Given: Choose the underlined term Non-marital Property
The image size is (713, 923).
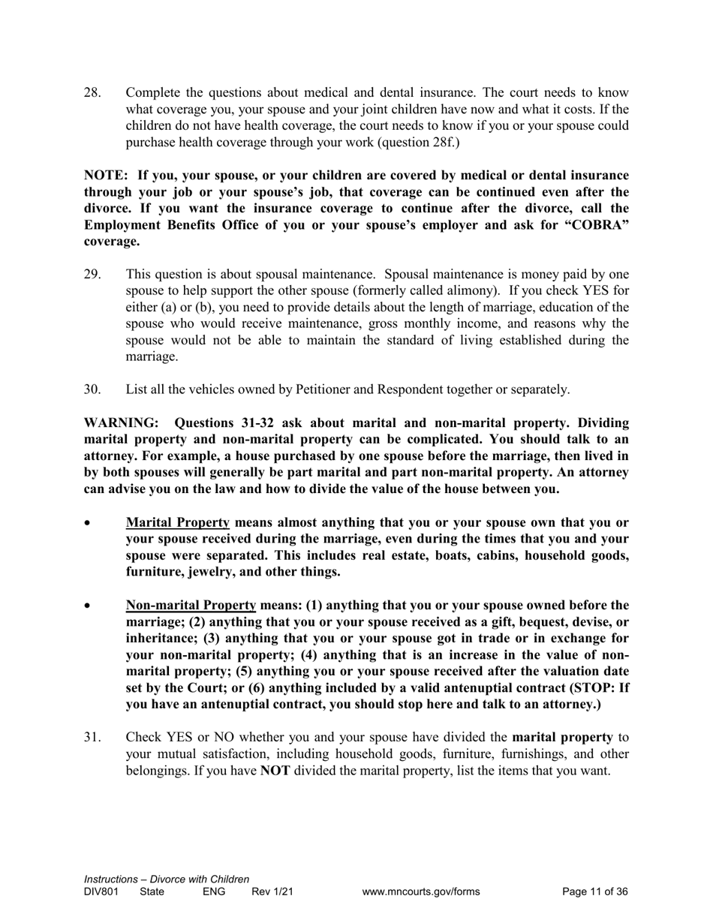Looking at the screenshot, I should click(191, 605).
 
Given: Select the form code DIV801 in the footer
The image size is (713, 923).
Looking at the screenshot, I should click(101, 892).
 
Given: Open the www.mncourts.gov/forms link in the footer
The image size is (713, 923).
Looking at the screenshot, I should click(420, 892).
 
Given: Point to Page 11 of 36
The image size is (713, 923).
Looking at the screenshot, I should click(595, 892).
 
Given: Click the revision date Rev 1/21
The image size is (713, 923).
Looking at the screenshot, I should click(272, 892).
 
